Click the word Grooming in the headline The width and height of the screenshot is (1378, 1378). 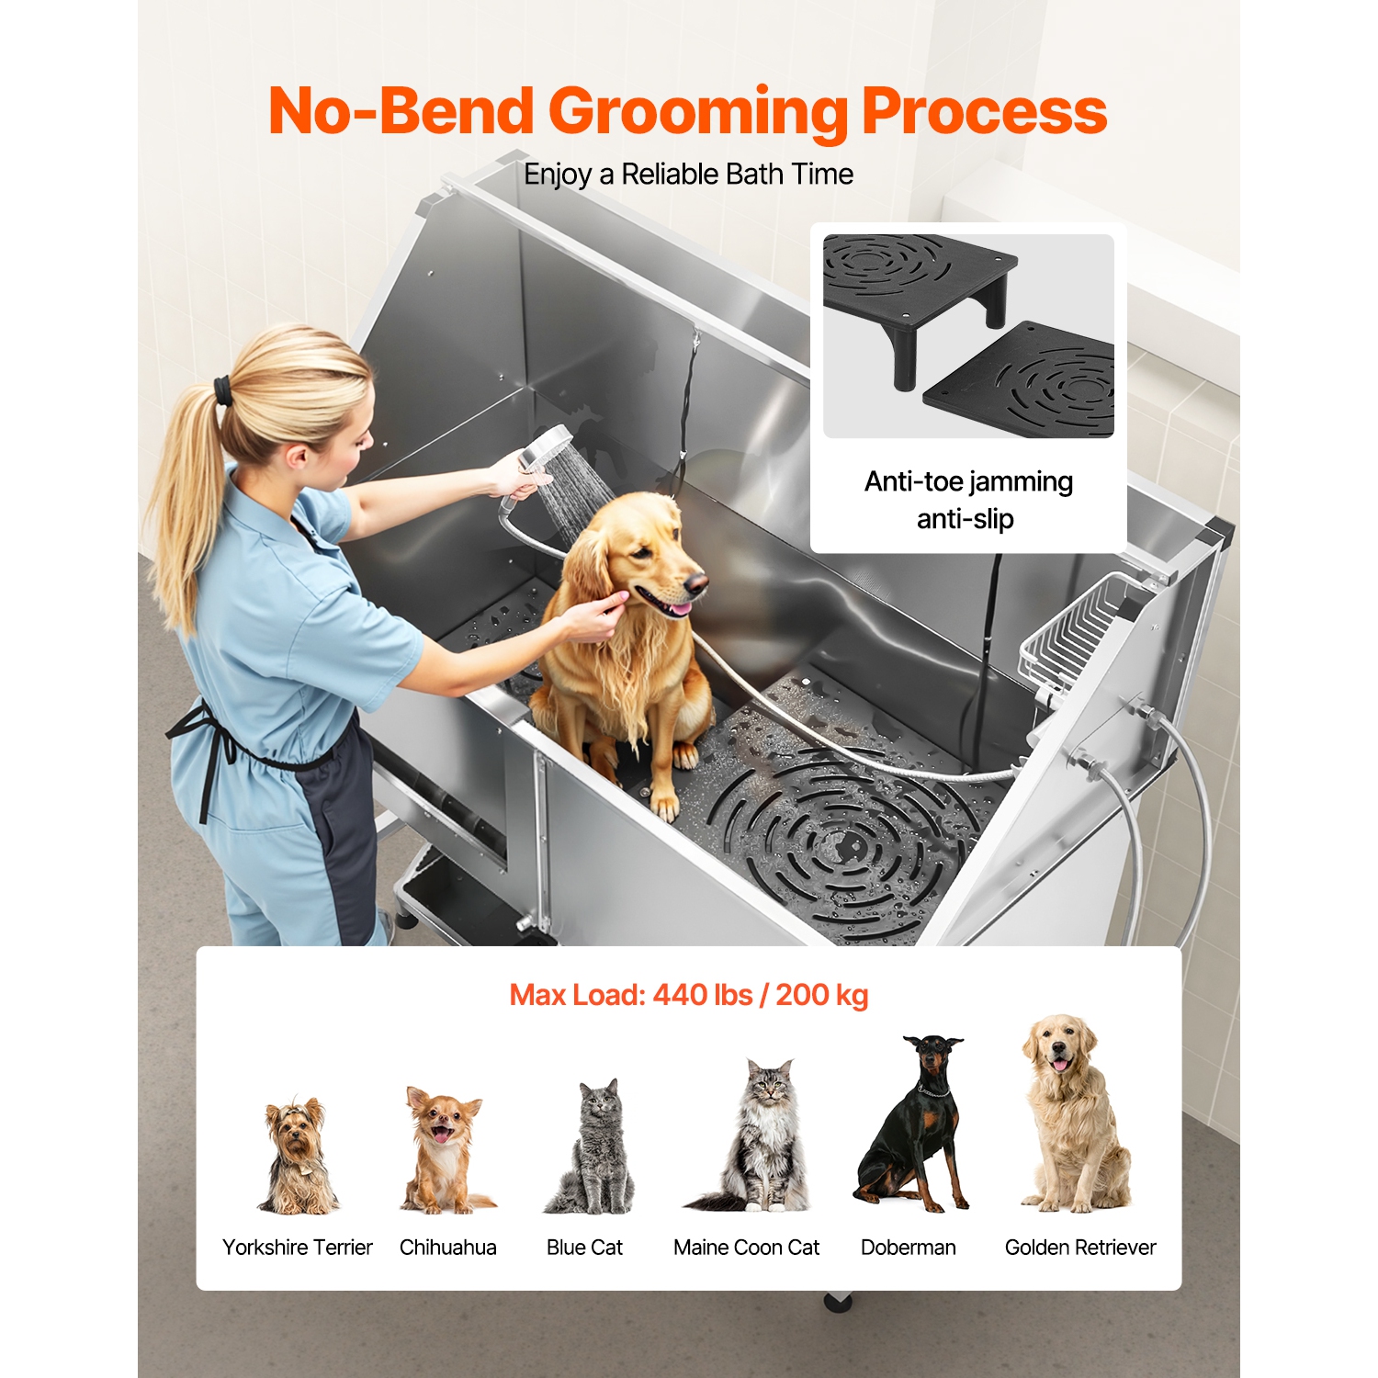point(698,112)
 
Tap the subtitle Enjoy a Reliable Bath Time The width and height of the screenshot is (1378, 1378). point(688,174)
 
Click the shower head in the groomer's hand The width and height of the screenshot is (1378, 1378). point(545,447)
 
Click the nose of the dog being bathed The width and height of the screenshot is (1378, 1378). point(698,581)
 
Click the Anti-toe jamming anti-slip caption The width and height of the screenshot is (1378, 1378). point(967,500)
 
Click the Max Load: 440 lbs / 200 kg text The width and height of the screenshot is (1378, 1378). point(688,995)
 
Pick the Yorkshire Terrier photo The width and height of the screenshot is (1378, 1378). point(298,1156)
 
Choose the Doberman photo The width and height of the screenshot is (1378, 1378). point(915,1125)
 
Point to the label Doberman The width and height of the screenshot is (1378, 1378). point(908,1248)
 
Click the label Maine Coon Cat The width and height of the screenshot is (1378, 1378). point(746,1248)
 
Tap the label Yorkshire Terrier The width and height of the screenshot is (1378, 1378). point(297,1248)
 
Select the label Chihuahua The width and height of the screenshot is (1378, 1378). point(447,1248)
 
